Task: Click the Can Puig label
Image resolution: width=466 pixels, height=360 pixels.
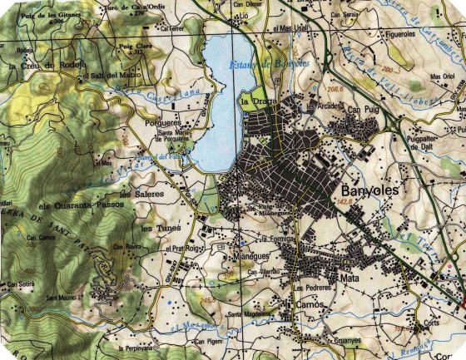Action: (364, 109)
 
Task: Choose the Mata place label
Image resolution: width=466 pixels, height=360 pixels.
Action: (349, 279)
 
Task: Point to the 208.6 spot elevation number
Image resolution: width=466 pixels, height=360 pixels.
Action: (336, 87)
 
